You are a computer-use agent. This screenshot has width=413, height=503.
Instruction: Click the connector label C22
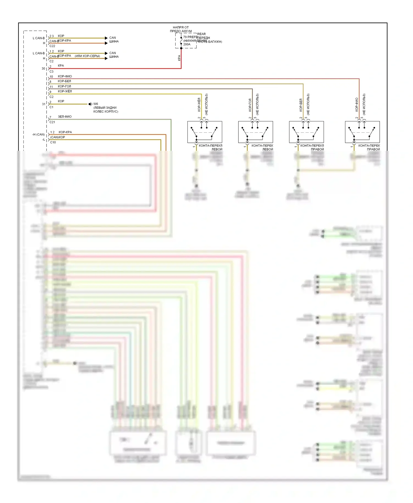click(x=52, y=46)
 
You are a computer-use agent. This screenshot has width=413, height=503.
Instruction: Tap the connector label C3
click(x=51, y=72)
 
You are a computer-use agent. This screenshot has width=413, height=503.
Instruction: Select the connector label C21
click(x=52, y=122)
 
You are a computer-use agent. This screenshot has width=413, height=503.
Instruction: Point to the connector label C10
click(x=53, y=142)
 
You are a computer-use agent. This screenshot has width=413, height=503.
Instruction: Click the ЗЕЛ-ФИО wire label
click(x=65, y=117)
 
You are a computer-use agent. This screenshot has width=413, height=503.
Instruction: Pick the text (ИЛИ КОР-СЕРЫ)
click(x=87, y=56)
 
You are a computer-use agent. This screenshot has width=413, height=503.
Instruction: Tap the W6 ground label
click(x=96, y=104)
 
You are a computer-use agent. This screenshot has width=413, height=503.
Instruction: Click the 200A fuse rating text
click(x=187, y=44)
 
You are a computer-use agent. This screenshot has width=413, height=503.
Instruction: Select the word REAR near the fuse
click(x=201, y=34)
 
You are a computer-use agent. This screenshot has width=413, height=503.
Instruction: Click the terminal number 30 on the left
click(x=43, y=69)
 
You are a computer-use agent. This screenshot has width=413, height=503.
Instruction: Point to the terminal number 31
click(x=44, y=104)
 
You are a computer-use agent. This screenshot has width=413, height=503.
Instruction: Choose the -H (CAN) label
click(x=38, y=135)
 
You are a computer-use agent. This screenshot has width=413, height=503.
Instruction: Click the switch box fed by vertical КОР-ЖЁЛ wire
click(x=205, y=132)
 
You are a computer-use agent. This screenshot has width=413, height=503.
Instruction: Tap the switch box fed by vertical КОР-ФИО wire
click(x=362, y=132)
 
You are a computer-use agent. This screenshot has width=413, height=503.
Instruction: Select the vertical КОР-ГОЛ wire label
click(x=250, y=105)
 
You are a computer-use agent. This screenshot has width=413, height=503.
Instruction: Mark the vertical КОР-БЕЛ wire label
click(x=301, y=105)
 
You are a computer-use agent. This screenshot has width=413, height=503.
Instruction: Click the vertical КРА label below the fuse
click(x=179, y=58)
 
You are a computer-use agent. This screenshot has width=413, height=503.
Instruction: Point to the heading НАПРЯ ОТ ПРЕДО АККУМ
click(x=181, y=29)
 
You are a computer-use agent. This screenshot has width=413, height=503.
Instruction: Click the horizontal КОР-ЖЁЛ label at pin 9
click(x=65, y=91)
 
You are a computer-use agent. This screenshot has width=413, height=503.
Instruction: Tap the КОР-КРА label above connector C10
click(x=65, y=132)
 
